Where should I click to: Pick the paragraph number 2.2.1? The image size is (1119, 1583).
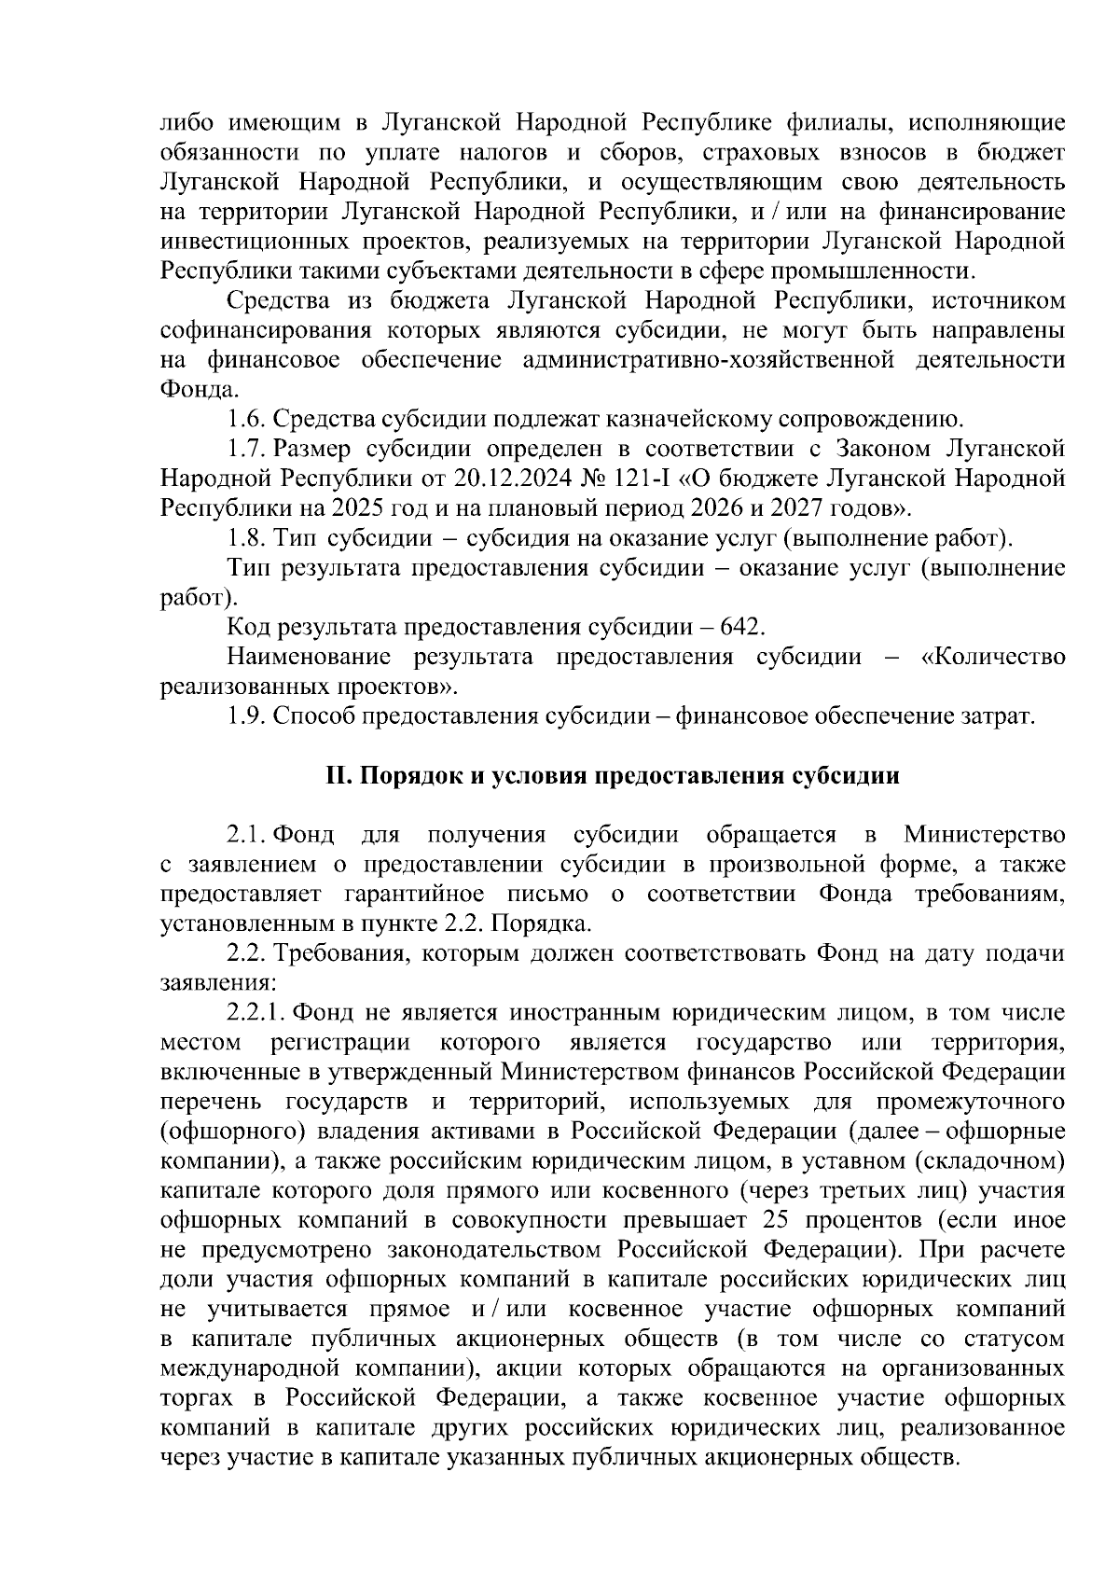coord(256,1013)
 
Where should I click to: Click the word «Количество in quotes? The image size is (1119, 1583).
coord(992,657)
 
